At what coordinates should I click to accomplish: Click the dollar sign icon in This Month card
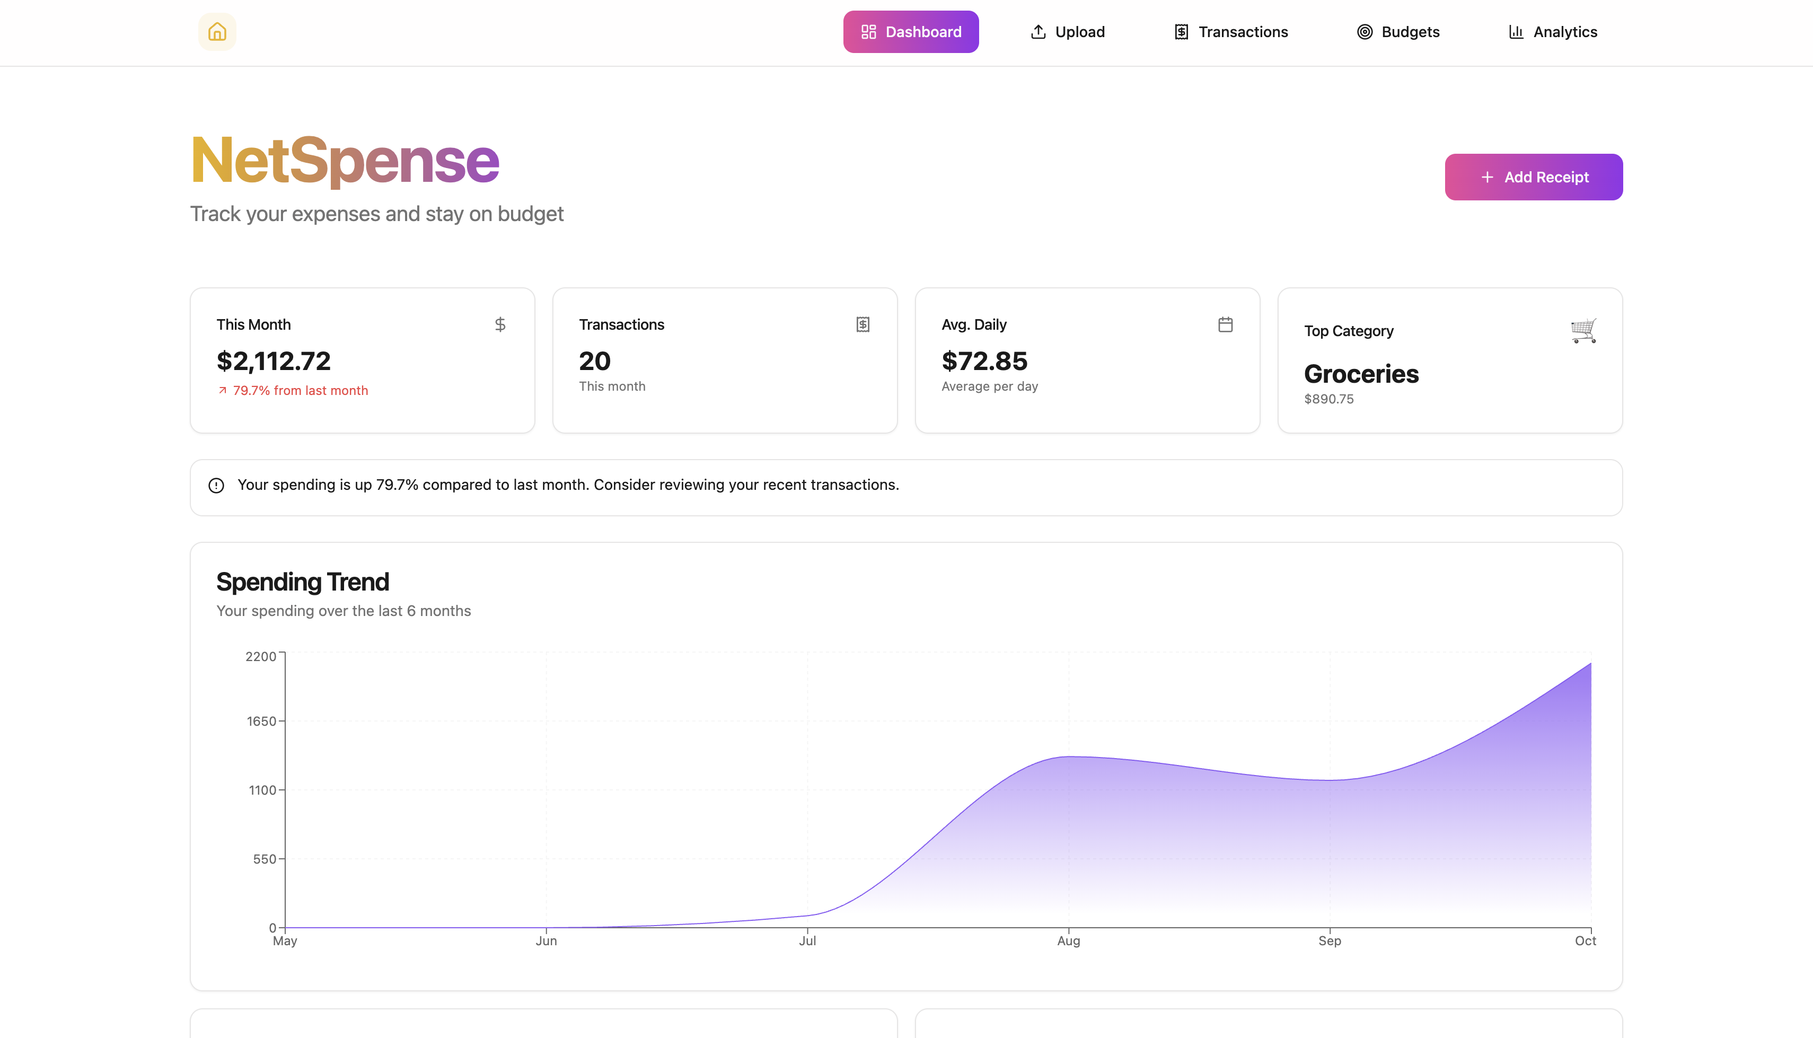coord(500,325)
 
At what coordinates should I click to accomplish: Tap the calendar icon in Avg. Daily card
coord(1225,325)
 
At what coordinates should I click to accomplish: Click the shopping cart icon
coord(1583,331)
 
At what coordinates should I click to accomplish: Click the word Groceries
coord(1361,374)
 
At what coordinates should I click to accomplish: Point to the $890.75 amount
coord(1328,399)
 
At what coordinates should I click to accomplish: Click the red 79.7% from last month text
coord(300,391)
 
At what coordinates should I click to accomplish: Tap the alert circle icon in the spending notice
coord(216,486)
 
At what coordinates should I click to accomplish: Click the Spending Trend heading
coord(303,582)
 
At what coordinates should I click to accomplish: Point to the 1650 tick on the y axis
coord(261,722)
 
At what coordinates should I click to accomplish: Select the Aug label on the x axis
coord(1068,941)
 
